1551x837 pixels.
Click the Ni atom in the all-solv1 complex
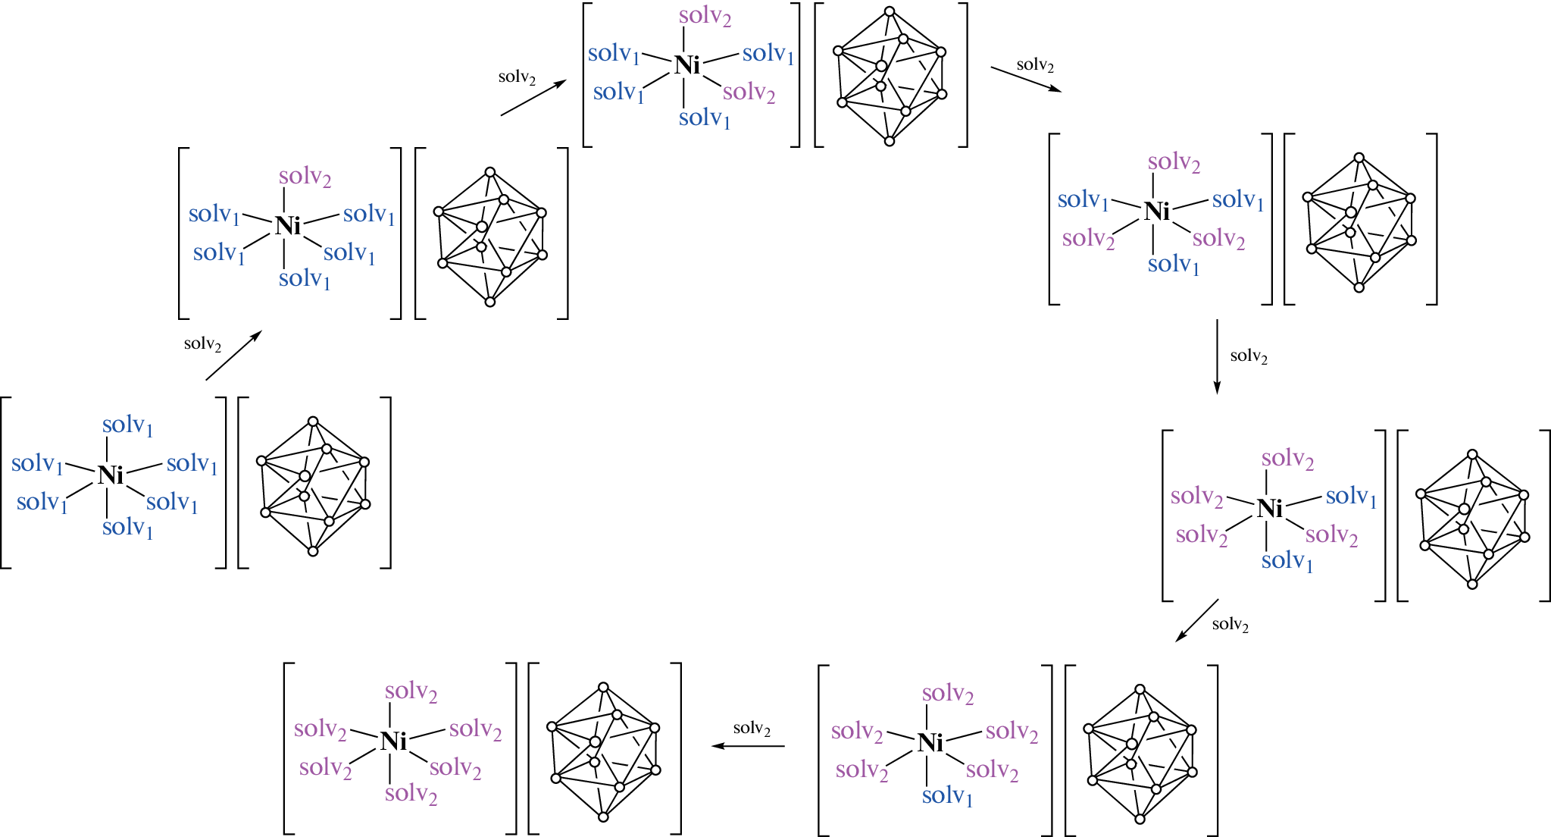[x=110, y=475]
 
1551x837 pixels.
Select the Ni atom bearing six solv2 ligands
[x=393, y=741]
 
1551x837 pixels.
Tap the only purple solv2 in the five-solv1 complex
[x=305, y=177]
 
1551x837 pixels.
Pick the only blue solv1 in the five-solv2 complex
[x=946, y=795]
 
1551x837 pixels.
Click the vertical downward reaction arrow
[x=1217, y=356]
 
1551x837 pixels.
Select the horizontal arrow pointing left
[x=748, y=746]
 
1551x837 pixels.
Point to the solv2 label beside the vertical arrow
[x=1249, y=356]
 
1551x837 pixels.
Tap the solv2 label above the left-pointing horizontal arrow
[x=752, y=729]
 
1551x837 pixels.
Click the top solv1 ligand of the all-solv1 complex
[x=127, y=425]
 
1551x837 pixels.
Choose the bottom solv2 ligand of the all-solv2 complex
[x=411, y=794]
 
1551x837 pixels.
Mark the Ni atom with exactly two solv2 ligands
[x=687, y=66]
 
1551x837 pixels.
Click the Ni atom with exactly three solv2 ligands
[x=1157, y=212]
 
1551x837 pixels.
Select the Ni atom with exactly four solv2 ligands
[x=1270, y=508]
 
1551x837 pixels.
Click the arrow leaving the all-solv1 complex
[x=233, y=355]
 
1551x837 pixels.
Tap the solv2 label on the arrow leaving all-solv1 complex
[x=202, y=344]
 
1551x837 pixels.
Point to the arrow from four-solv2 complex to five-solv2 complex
[x=1197, y=620]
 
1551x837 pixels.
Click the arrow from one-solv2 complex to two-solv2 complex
[x=533, y=98]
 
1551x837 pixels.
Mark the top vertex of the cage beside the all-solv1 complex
[x=313, y=421]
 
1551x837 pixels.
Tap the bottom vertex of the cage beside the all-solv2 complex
[x=603, y=817]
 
